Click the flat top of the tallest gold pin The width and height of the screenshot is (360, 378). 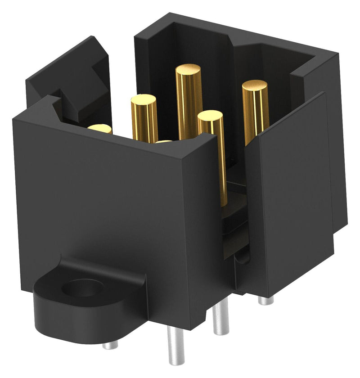188,70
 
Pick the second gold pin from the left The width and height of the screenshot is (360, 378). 144,117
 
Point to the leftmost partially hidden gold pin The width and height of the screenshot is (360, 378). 100,129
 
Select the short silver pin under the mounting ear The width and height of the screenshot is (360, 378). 109,345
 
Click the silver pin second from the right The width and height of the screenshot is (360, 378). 220,317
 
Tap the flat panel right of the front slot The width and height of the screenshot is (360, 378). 288,193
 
